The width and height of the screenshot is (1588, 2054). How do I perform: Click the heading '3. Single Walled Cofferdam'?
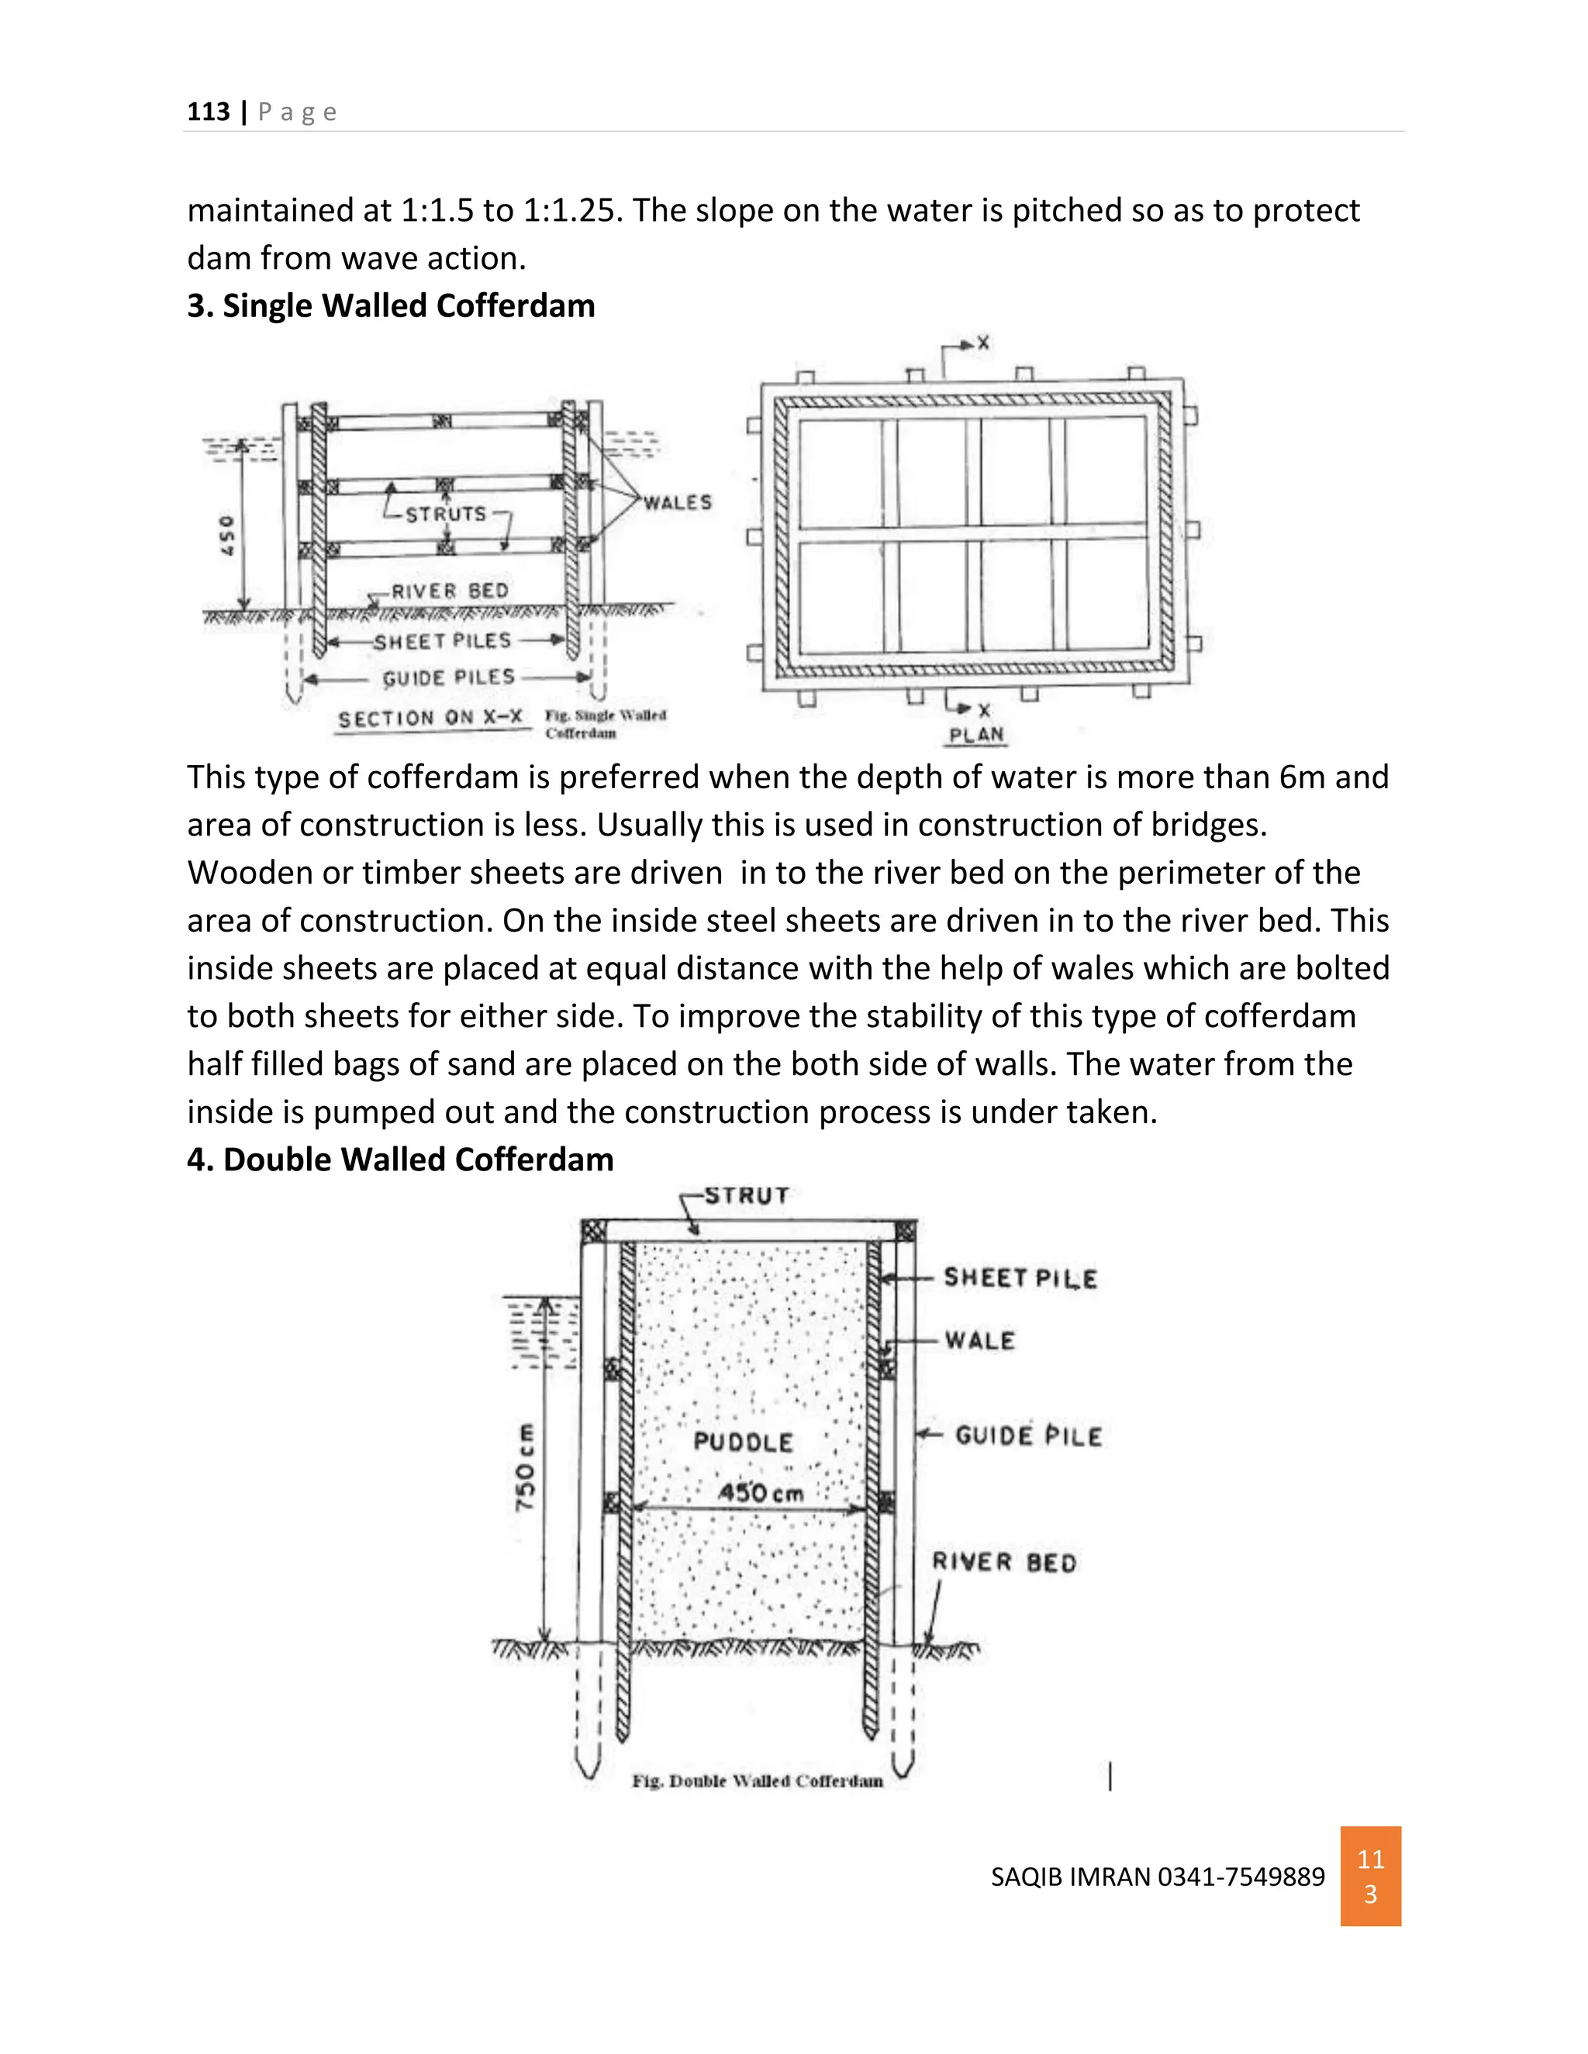[x=391, y=305]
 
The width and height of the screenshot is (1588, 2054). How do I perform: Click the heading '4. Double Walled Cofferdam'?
[x=400, y=1160]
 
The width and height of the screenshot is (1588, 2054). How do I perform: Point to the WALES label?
[x=678, y=503]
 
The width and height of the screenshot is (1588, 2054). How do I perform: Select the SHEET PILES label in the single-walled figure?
[x=442, y=642]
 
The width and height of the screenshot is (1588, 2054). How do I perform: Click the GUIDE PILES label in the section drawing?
[x=449, y=678]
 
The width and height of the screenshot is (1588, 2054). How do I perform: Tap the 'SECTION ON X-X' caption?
[x=430, y=719]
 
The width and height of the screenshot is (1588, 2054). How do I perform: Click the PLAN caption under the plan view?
[x=976, y=735]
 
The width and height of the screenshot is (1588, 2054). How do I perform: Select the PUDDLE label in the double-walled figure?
[x=743, y=1442]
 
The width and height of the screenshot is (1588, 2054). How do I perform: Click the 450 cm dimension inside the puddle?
[x=761, y=1493]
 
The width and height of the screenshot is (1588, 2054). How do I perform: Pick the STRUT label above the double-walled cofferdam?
[x=747, y=1195]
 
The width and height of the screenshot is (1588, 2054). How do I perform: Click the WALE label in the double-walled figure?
[x=979, y=1341]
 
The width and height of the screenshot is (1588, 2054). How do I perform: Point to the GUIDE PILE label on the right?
[x=1028, y=1436]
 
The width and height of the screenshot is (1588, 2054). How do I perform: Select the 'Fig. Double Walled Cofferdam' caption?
[x=758, y=1781]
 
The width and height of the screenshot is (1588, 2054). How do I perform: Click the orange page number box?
[x=1370, y=1877]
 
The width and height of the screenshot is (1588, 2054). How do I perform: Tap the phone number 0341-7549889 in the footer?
[x=1241, y=1877]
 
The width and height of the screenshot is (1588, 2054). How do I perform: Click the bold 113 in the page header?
[x=208, y=112]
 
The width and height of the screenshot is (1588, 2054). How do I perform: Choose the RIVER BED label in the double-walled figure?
[x=1004, y=1562]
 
